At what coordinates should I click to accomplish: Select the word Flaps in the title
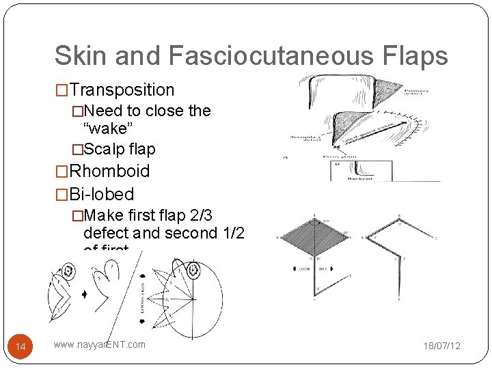point(415,56)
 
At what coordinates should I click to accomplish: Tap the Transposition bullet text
point(122,90)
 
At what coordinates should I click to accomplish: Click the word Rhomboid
point(109,171)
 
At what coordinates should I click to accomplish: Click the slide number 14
point(20,347)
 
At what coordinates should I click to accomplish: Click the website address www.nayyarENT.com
point(100,344)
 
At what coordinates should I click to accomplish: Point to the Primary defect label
point(416,92)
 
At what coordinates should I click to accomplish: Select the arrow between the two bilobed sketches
point(84,295)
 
